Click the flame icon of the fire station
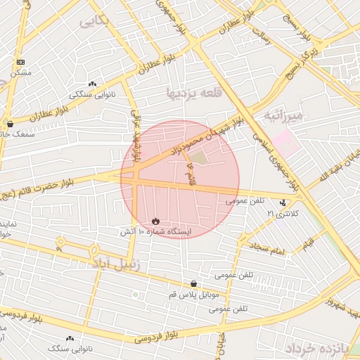point(156,221)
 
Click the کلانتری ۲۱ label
point(285,212)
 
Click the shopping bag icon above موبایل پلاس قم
point(193,284)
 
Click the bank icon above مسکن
point(20,63)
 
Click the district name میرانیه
point(283,115)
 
